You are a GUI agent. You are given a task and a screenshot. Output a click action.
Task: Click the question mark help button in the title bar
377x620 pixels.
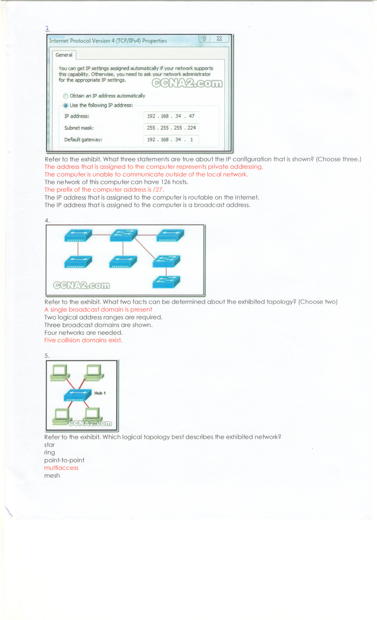coord(204,39)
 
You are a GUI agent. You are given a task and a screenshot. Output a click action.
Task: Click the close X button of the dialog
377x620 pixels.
coord(219,39)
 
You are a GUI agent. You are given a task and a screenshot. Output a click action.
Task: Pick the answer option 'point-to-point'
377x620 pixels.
coord(64,460)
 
